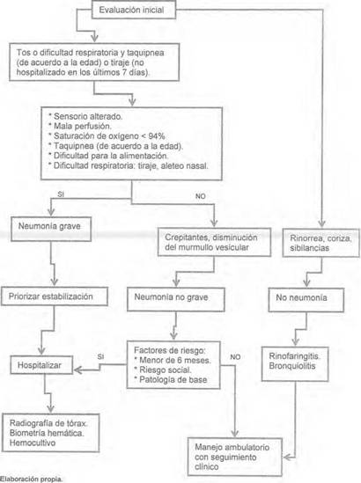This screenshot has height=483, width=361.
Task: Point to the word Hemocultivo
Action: pos(33,443)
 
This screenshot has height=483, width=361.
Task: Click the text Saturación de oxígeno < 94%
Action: pos(109,135)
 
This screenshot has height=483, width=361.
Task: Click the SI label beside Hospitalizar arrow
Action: pos(100,356)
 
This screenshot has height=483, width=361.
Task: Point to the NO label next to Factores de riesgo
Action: pos(235,357)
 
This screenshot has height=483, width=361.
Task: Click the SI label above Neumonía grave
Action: pos(61,194)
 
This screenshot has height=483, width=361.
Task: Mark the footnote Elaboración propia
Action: pos(31,479)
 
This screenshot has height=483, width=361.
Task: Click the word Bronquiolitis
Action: pos(292,366)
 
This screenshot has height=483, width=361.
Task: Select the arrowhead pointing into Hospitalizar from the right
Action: pos(77,370)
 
